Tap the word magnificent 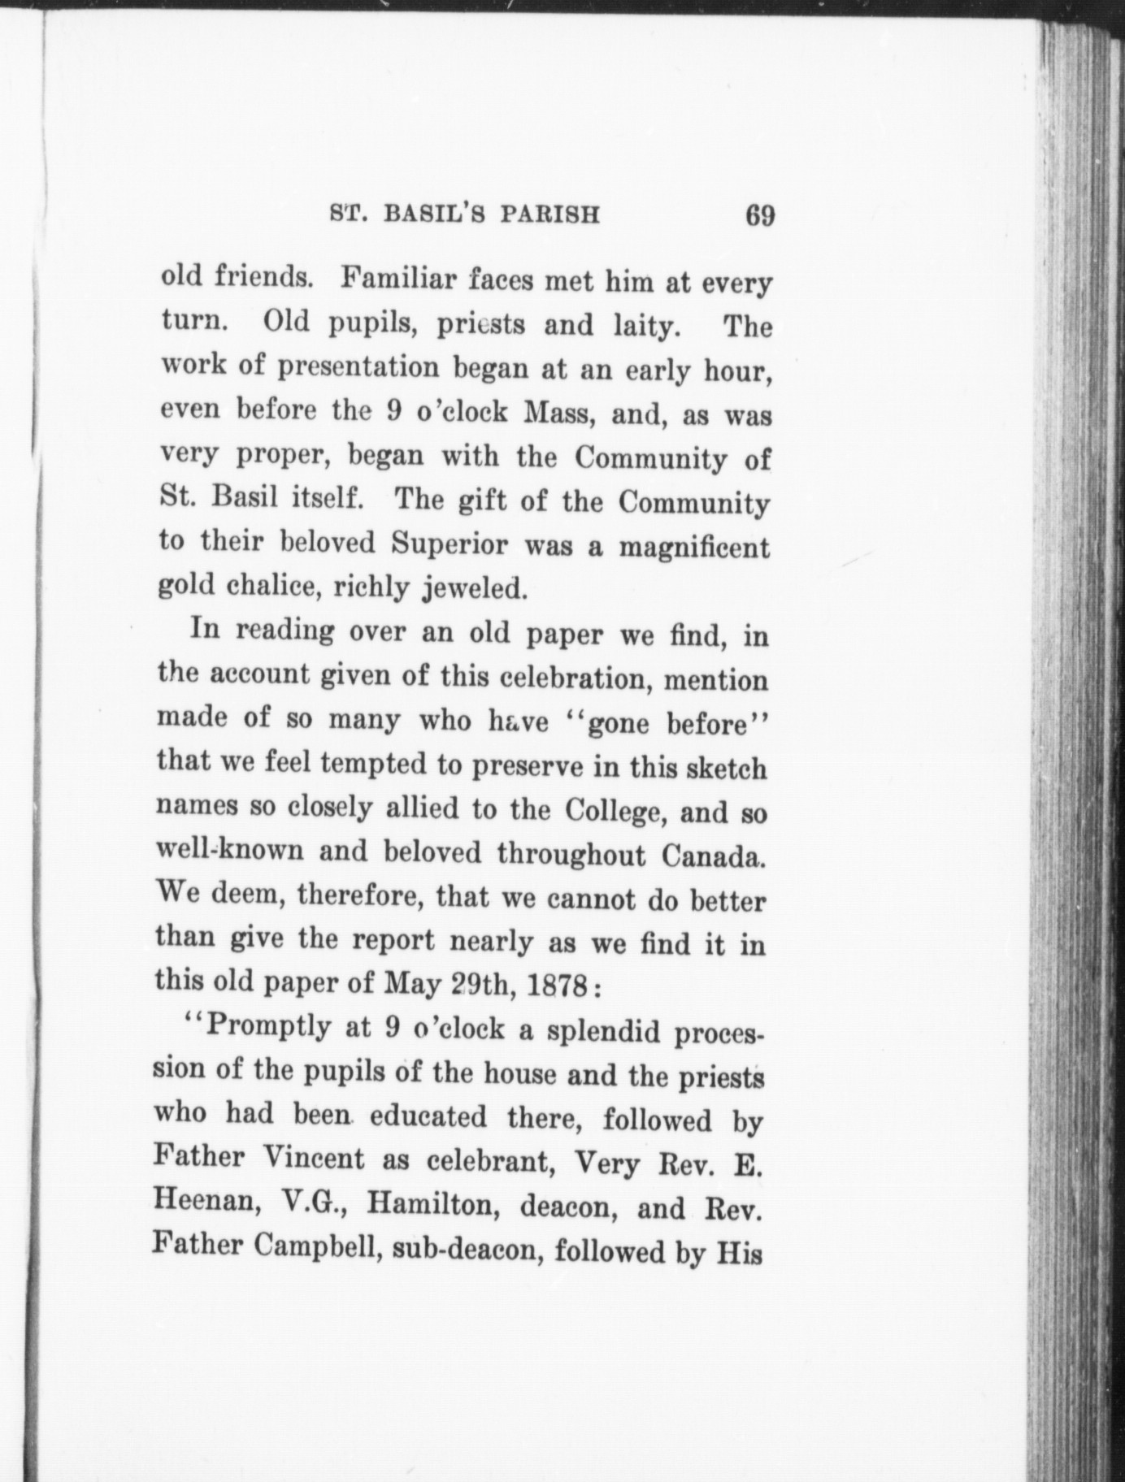[x=693, y=547]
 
